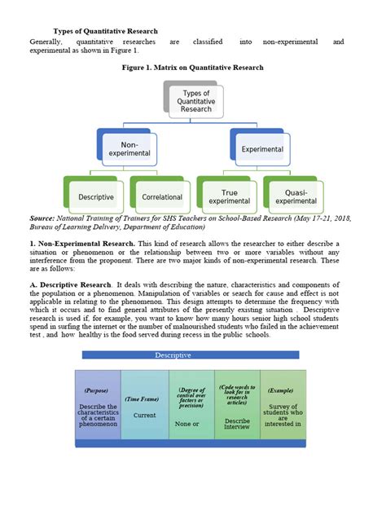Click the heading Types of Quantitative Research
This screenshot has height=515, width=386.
click(x=106, y=31)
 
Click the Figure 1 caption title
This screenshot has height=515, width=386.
click(x=192, y=71)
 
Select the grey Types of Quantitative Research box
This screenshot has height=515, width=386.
click(x=196, y=102)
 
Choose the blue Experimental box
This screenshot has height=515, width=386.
click(x=261, y=150)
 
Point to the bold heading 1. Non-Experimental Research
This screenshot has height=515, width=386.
click(x=81, y=244)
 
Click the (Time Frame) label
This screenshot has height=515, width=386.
click(x=144, y=399)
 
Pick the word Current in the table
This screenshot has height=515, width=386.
click(x=144, y=415)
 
